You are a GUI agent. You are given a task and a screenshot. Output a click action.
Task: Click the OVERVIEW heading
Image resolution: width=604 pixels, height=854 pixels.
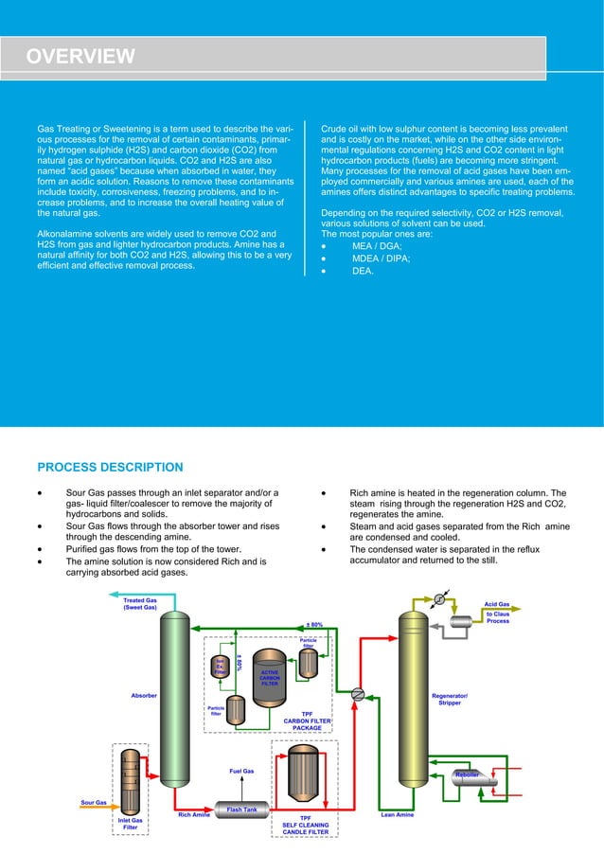point(80,57)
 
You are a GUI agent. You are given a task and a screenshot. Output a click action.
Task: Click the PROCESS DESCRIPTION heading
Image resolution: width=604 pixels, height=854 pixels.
point(110,467)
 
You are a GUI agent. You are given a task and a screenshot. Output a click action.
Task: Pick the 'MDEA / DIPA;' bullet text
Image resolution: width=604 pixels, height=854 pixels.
point(381,258)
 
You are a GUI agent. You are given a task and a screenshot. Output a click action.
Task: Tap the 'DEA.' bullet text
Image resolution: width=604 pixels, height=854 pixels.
point(363,272)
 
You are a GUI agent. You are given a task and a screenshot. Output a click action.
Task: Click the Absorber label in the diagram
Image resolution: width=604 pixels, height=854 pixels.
point(143,696)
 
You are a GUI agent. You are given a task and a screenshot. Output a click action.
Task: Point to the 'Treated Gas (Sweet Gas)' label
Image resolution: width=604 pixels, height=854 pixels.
point(140,603)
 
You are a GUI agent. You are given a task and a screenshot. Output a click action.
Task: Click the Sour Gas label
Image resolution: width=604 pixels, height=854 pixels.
point(94,803)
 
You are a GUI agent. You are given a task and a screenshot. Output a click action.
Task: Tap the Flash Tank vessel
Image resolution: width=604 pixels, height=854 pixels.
point(242,811)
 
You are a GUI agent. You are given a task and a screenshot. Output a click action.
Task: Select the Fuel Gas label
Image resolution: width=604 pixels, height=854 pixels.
point(241,771)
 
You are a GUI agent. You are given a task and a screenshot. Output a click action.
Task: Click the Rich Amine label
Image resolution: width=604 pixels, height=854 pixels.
point(194,814)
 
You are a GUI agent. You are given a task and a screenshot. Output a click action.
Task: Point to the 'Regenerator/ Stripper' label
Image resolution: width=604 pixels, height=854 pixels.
point(448,699)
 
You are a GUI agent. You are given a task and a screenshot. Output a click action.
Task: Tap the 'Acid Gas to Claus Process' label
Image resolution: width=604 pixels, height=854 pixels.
point(497,612)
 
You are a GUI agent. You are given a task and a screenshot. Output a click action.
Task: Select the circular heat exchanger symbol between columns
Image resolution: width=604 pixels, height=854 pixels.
point(357,694)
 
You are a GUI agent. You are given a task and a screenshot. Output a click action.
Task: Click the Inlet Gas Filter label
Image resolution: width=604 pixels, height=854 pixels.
point(130,824)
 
